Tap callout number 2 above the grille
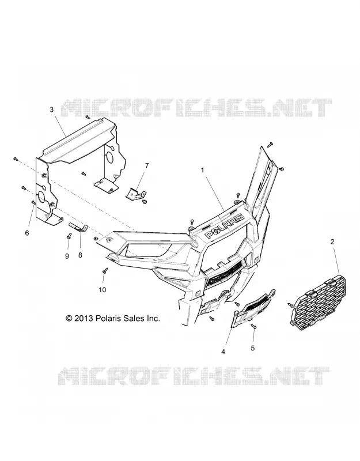(x=332, y=242)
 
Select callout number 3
(x=52, y=109)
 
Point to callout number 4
(x=223, y=352)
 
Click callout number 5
(x=253, y=348)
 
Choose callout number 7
(x=147, y=166)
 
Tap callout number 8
(x=80, y=255)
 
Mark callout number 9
(x=67, y=256)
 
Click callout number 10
(x=103, y=290)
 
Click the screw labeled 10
(x=105, y=270)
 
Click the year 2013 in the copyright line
(x=84, y=318)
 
